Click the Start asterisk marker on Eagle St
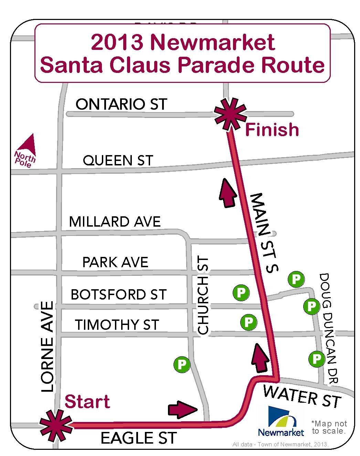pyautogui.click(x=56, y=426)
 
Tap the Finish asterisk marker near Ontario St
pyautogui.click(x=230, y=115)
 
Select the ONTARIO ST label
pyautogui.click(x=121, y=104)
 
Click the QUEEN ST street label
pyautogui.click(x=118, y=161)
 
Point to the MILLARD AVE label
pyautogui.click(x=115, y=222)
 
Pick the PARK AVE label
pyautogui.click(x=115, y=262)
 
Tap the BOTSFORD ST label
pyautogui.click(x=118, y=295)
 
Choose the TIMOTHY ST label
pyautogui.click(x=117, y=325)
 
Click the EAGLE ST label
pyautogui.click(x=138, y=438)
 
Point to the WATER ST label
pyautogui.click(x=302, y=396)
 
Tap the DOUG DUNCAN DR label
pyautogui.click(x=329, y=328)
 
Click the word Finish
pyautogui.click(x=272, y=130)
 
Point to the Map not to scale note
pyautogui.click(x=329, y=427)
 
